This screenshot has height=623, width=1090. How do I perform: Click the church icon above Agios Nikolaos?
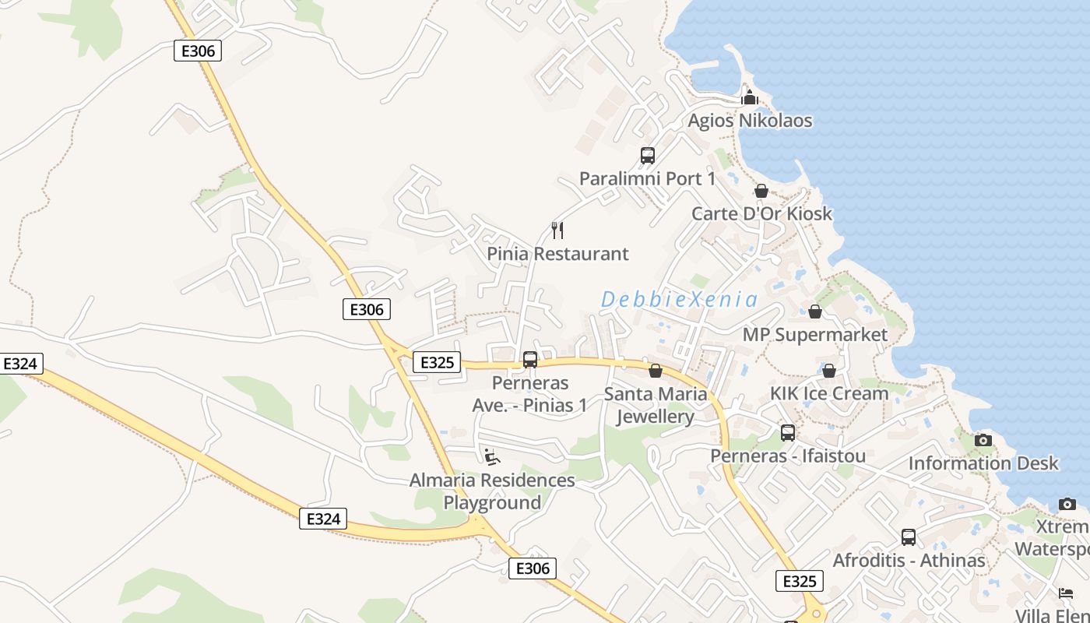pyautogui.click(x=750, y=97)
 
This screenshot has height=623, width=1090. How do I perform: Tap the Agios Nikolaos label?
pyautogui.click(x=750, y=121)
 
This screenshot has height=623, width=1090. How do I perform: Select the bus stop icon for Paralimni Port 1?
pyautogui.click(x=648, y=155)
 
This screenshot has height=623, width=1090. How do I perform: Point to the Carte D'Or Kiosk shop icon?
pyautogui.click(x=761, y=191)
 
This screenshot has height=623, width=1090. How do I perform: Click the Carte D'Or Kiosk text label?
pyautogui.click(x=761, y=213)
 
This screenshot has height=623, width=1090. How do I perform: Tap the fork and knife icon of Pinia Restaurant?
pyautogui.click(x=557, y=230)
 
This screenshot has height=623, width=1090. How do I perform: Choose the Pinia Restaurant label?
pyautogui.click(x=557, y=254)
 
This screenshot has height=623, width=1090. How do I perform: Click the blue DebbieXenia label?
pyautogui.click(x=679, y=299)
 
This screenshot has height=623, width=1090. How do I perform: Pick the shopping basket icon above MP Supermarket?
pyautogui.click(x=815, y=311)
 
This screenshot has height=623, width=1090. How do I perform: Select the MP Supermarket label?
pyautogui.click(x=815, y=335)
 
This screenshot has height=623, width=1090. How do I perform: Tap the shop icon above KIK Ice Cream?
pyautogui.click(x=829, y=371)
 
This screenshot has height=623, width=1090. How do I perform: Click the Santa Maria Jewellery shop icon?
pyautogui.click(x=656, y=371)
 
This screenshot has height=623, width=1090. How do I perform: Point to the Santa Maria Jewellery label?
pyautogui.click(x=656, y=405)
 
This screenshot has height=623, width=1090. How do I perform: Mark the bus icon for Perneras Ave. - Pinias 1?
pyautogui.click(x=530, y=360)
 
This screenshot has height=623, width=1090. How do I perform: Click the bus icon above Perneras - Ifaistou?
pyautogui.click(x=788, y=433)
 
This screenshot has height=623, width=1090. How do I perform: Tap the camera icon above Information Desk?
pyautogui.click(x=983, y=441)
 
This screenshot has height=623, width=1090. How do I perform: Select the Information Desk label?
pyautogui.click(x=983, y=463)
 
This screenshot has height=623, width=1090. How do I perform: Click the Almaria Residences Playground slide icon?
pyautogui.click(x=492, y=457)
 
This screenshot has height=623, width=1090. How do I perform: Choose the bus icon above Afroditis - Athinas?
pyautogui.click(x=909, y=537)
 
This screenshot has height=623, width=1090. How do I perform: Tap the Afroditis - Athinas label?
pyautogui.click(x=909, y=561)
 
